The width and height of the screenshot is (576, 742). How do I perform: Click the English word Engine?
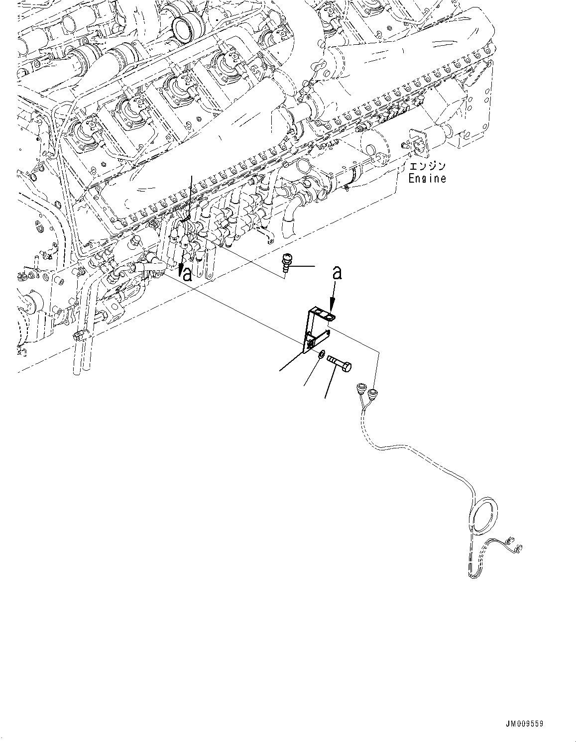tap(427, 178)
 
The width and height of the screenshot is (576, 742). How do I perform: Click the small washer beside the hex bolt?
tap(322, 354)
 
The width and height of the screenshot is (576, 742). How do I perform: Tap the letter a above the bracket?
tap(337, 273)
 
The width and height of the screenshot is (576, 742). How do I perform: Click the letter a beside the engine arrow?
tap(187, 275)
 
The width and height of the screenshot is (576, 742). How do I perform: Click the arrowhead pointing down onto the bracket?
tap(331, 307)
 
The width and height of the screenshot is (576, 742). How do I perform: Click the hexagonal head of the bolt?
tap(347, 367)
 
